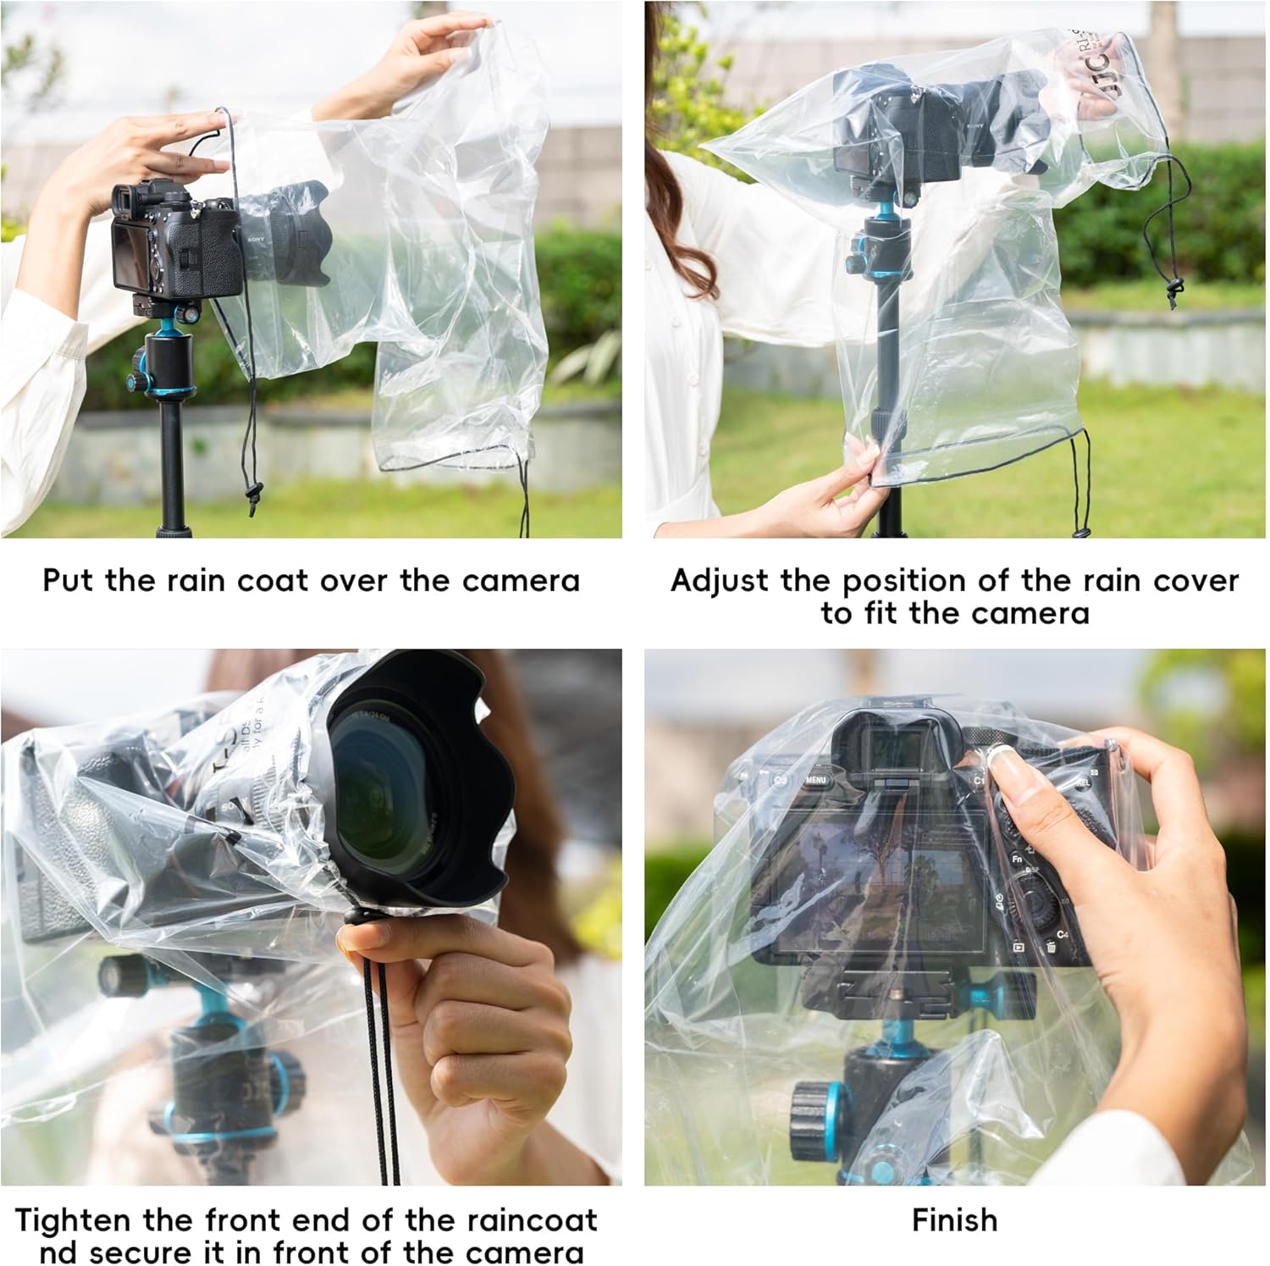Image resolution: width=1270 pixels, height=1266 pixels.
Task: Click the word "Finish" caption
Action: click(x=954, y=1220)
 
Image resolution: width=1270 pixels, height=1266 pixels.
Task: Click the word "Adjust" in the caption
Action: click(x=721, y=581)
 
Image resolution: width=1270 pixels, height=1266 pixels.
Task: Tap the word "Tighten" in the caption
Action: click(x=74, y=1220)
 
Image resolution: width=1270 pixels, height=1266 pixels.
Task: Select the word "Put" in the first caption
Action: click(x=69, y=581)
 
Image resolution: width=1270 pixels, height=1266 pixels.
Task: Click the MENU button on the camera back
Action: click(x=815, y=779)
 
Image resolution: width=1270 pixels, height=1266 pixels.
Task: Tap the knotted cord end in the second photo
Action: click(x=1173, y=292)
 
